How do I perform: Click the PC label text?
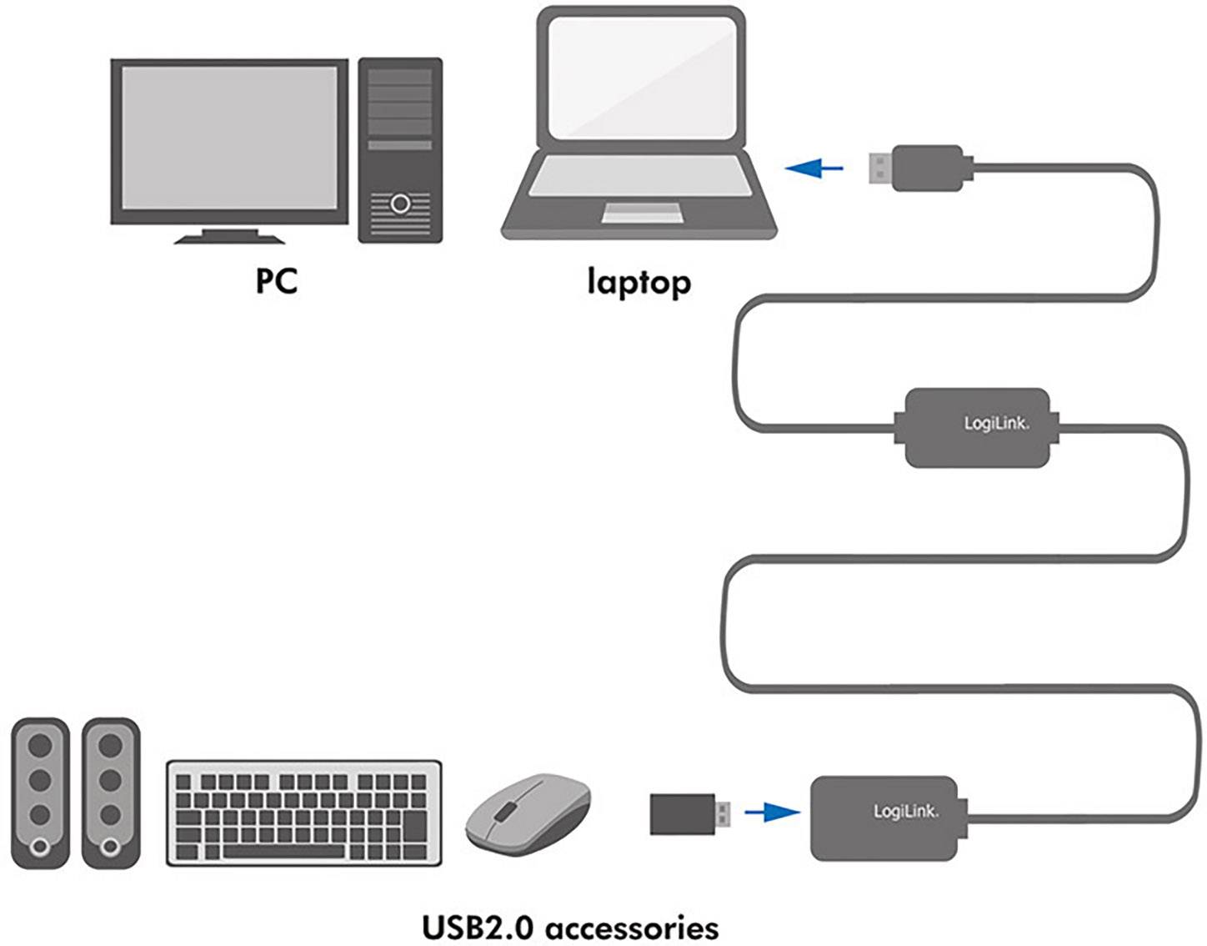pyautogui.click(x=276, y=281)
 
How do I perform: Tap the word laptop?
pyautogui.click(x=639, y=282)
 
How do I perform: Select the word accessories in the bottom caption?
pyautogui.click(x=632, y=927)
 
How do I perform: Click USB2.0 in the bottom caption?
pyautogui.click(x=477, y=927)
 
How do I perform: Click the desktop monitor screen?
pyautogui.click(x=229, y=138)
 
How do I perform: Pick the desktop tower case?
pyautogui.click(x=400, y=150)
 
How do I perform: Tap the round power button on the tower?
pyautogui.click(x=400, y=203)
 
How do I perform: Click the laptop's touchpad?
pyautogui.click(x=643, y=213)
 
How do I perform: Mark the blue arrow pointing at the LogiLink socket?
pyautogui.click(x=771, y=811)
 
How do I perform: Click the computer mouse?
pyautogui.click(x=528, y=813)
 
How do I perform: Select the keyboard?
pyautogui.click(x=304, y=812)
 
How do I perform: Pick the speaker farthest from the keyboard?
pyautogui.click(x=40, y=793)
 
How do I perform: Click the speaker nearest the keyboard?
pyautogui.click(x=111, y=793)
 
